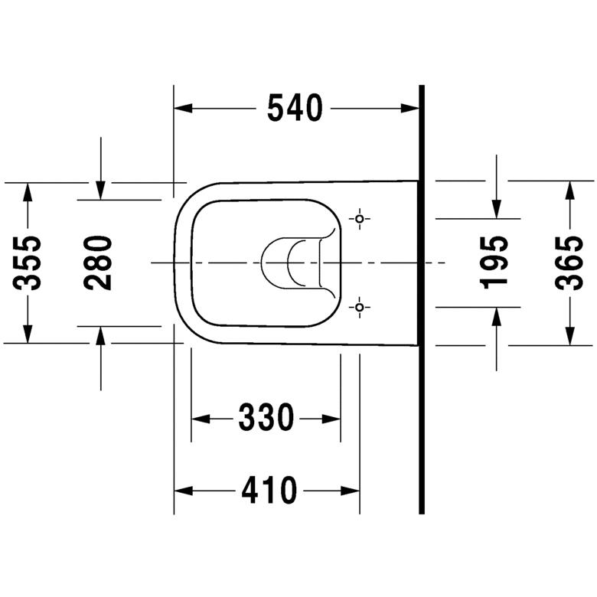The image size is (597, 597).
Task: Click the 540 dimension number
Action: pos(295,109)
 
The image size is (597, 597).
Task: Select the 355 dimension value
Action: pos(29,263)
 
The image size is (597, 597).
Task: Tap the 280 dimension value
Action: pos(99,263)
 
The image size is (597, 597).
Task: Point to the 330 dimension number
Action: pos(266,418)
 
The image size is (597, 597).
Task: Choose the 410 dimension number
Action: pos(269,490)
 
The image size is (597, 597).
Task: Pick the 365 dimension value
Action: pos(569,263)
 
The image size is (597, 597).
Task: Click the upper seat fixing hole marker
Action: pos(360,219)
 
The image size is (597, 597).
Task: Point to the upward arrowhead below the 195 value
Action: pos(497,316)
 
